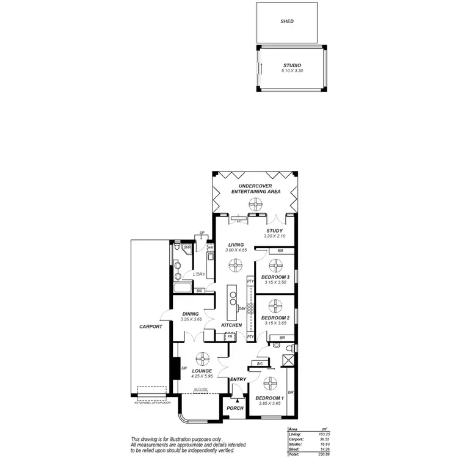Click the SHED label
pos(288,21)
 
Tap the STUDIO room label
pos(293,65)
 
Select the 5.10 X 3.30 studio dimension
pos(293,71)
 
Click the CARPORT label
pos(151,327)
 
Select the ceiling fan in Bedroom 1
pos(268,385)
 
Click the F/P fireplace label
pos(184,368)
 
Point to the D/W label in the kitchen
pos(242,308)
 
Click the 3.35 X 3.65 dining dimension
pos(191,319)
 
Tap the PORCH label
pos(235,409)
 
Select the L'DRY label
pos(198,274)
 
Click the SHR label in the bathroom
pos(179,247)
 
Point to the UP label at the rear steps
pos(202,233)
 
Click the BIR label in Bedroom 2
pos(282,338)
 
